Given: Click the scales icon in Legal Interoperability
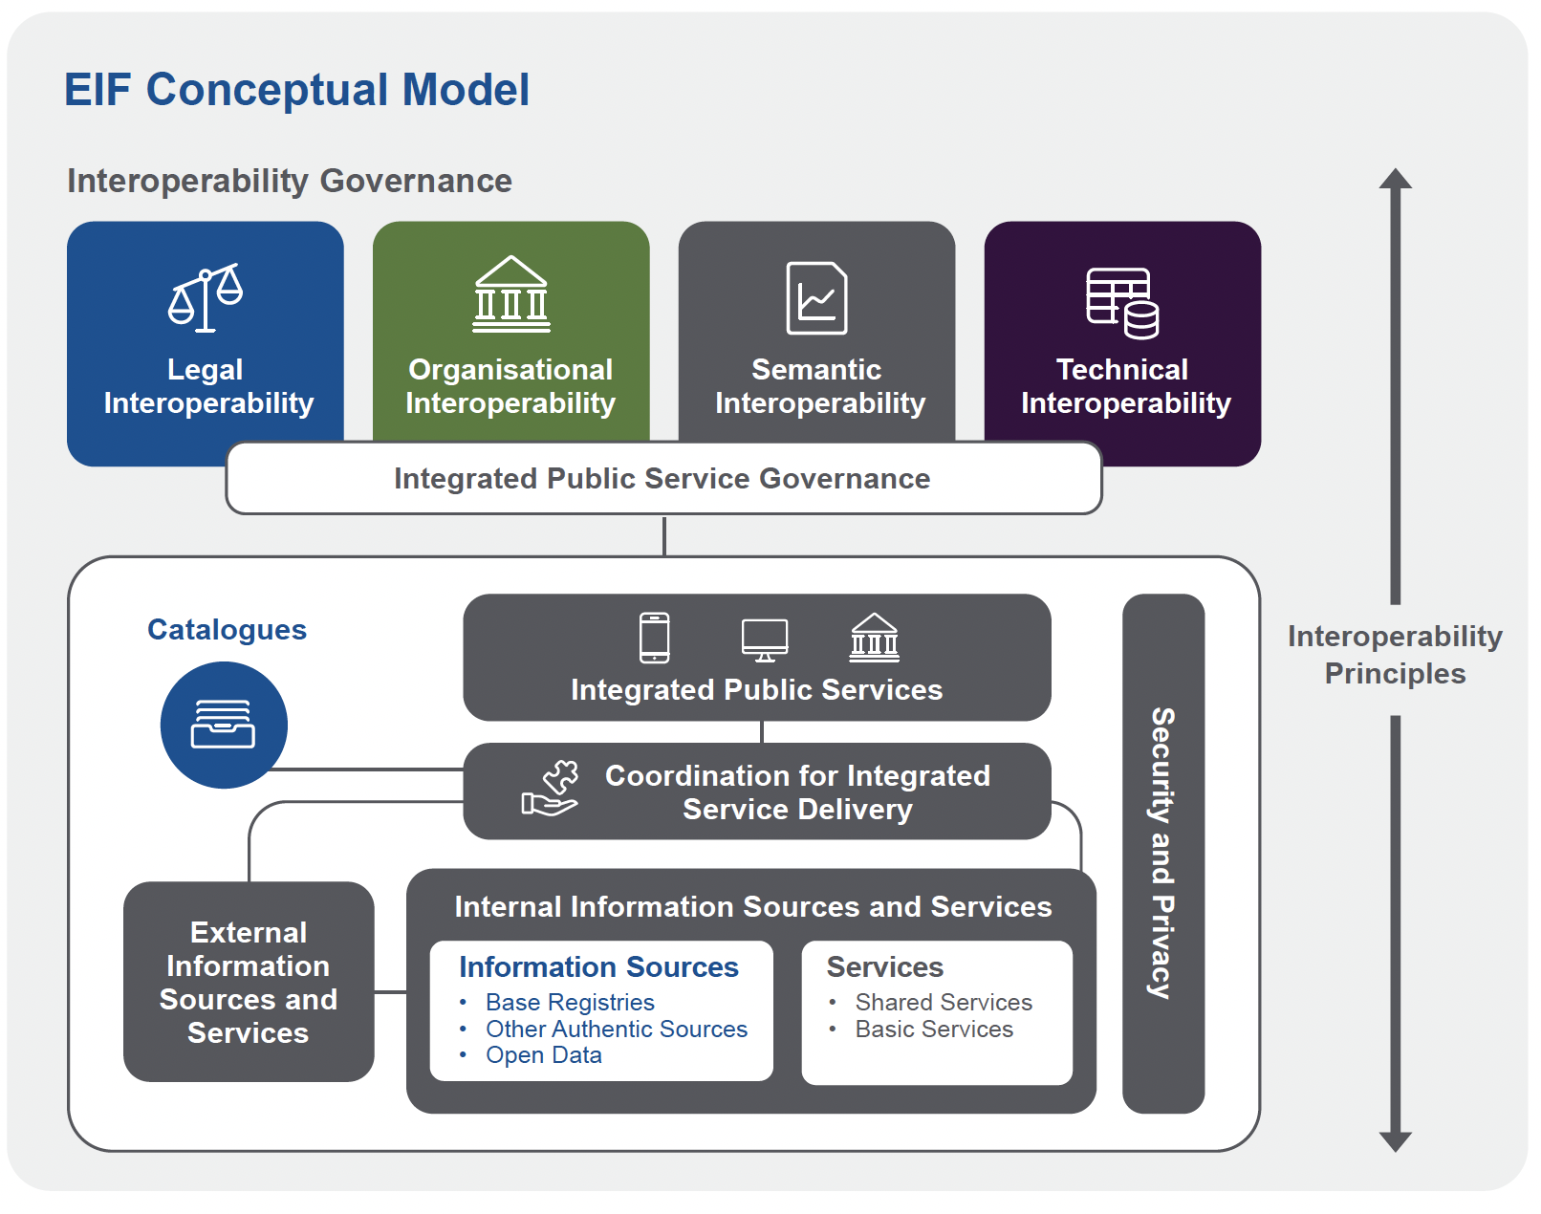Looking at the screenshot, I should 206,297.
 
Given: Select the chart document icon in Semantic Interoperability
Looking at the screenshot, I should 816,298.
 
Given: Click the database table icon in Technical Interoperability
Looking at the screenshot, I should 1122,303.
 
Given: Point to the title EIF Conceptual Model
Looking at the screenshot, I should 296,91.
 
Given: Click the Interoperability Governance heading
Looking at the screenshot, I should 290,181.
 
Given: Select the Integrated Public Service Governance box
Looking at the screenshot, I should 662,479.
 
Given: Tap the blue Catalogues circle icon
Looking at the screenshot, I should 224,725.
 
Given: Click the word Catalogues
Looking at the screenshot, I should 227,630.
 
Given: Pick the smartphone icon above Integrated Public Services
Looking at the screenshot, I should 655,638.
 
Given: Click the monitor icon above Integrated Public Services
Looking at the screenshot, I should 765,640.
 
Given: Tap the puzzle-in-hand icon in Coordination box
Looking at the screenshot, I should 551,790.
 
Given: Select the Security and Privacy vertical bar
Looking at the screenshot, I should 1162,853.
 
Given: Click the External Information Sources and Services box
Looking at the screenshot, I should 249,982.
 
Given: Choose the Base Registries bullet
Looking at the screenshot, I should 570,1003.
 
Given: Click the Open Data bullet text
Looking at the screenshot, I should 543,1055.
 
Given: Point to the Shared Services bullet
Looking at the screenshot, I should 943,1003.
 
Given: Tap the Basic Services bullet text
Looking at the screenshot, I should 933,1030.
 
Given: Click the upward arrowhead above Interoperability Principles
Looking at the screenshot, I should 1395,180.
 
